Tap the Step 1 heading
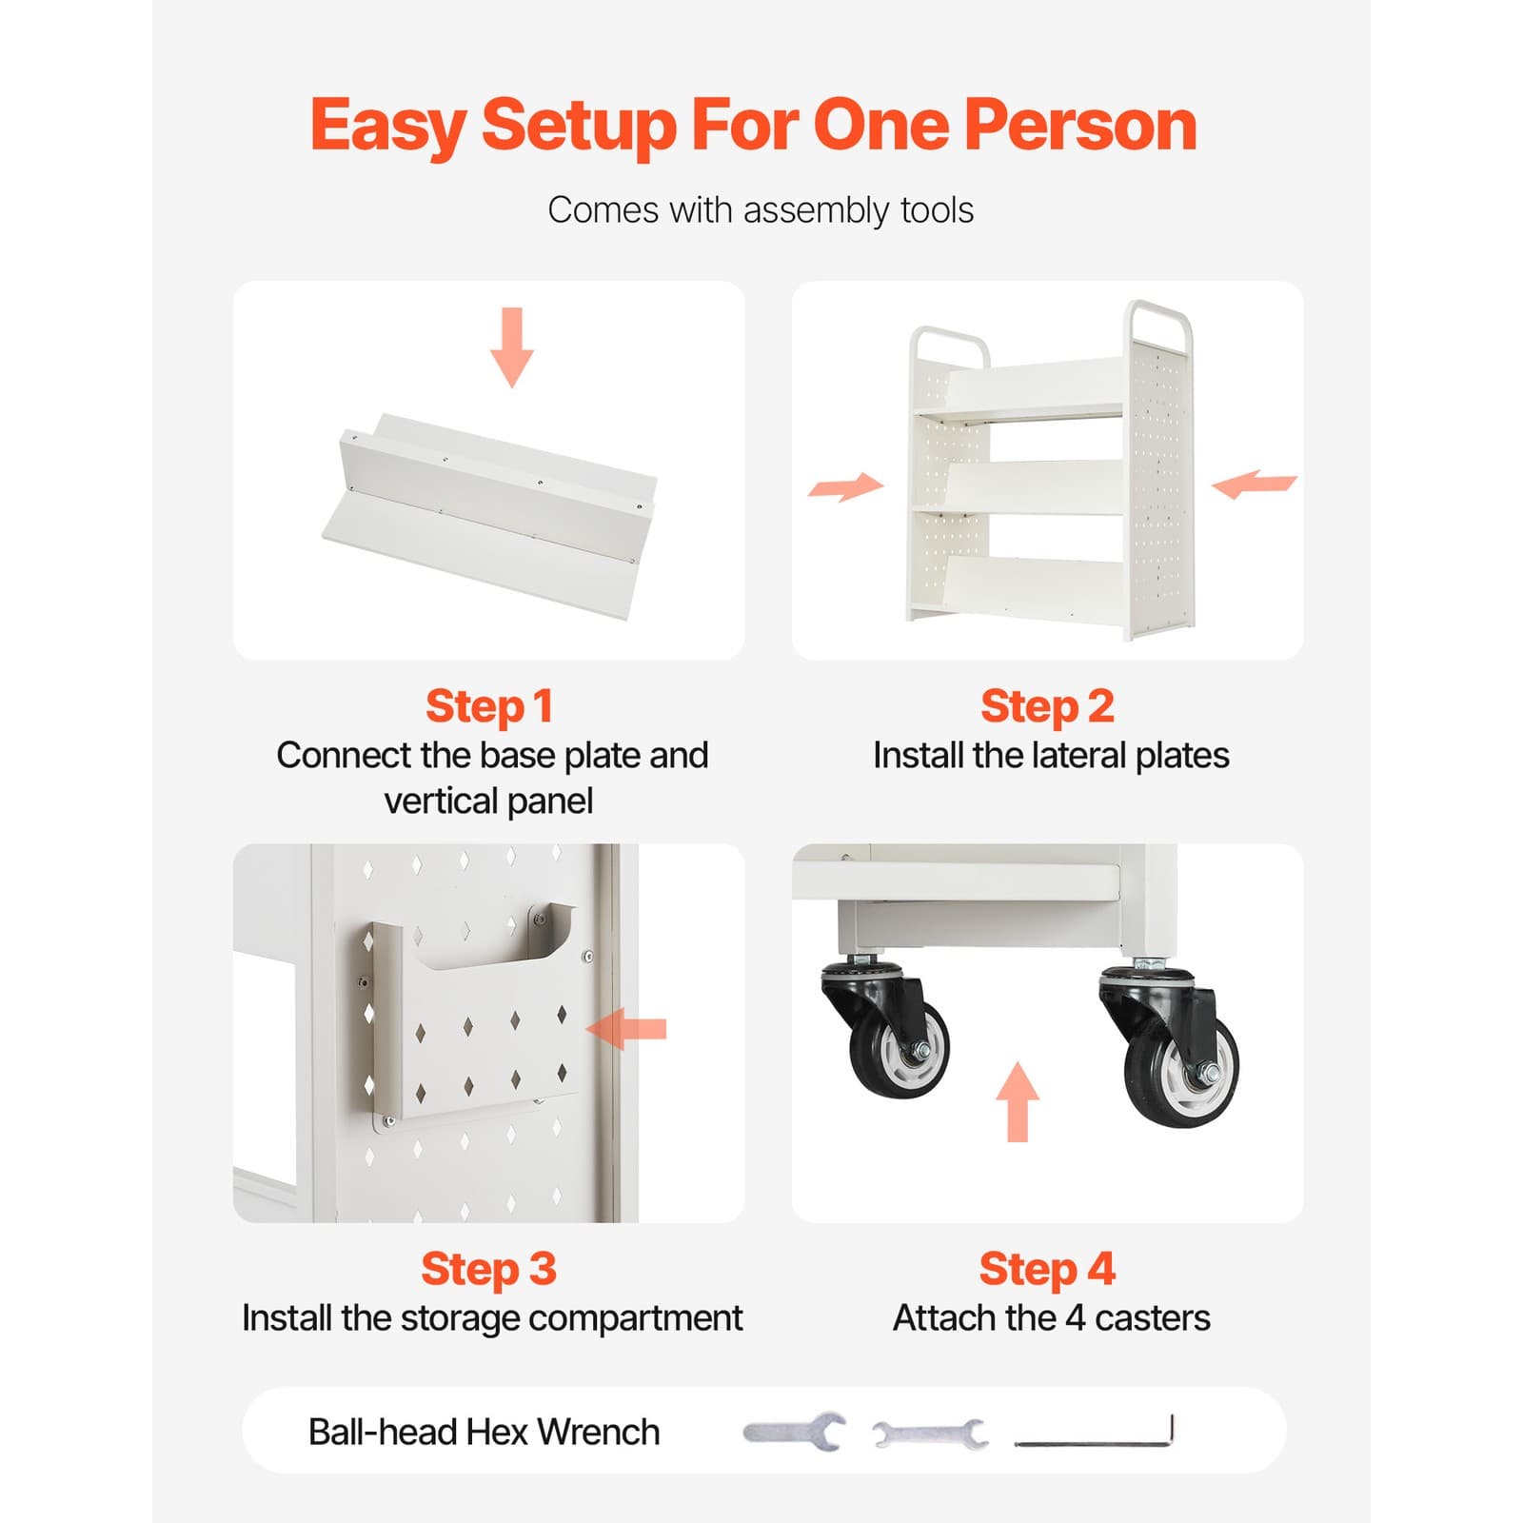coord(488,706)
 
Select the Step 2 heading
coord(1047,706)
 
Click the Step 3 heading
coord(488,1269)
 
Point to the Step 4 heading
coord(1047,1269)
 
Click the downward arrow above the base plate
coord(512,347)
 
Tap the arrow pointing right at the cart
coord(845,486)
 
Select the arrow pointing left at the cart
coord(1254,484)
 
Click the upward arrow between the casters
coord(1018,1101)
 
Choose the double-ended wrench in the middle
coord(930,1433)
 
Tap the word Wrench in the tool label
coord(598,1432)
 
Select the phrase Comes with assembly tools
coord(760,210)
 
